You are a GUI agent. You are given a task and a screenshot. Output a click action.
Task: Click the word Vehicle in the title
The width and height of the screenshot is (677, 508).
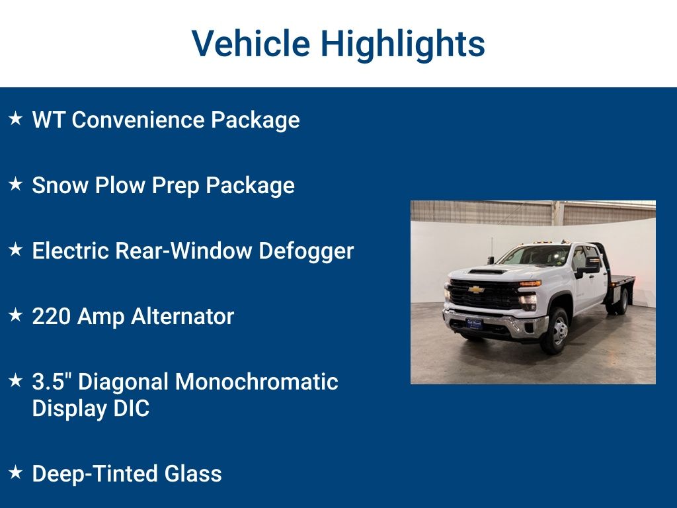251,44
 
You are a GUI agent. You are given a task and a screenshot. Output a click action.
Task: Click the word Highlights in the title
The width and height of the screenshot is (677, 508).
403,44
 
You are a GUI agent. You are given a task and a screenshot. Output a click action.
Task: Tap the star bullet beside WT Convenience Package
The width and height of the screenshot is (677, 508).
15,119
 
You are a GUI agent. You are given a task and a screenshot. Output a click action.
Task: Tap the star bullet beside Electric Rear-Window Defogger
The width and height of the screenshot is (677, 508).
15,250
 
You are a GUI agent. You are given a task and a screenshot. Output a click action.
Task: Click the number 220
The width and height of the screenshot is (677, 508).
52,317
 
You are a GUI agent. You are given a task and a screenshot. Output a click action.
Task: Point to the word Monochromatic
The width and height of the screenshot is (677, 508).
257,382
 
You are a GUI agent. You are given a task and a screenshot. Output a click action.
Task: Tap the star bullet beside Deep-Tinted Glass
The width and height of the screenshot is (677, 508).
15,473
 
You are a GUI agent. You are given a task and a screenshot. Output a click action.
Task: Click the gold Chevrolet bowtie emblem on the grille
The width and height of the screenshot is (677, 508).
476,290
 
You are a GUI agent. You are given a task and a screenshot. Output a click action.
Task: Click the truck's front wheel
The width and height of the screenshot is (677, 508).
557,331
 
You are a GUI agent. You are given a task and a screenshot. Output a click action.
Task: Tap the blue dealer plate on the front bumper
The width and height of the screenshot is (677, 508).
474,323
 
